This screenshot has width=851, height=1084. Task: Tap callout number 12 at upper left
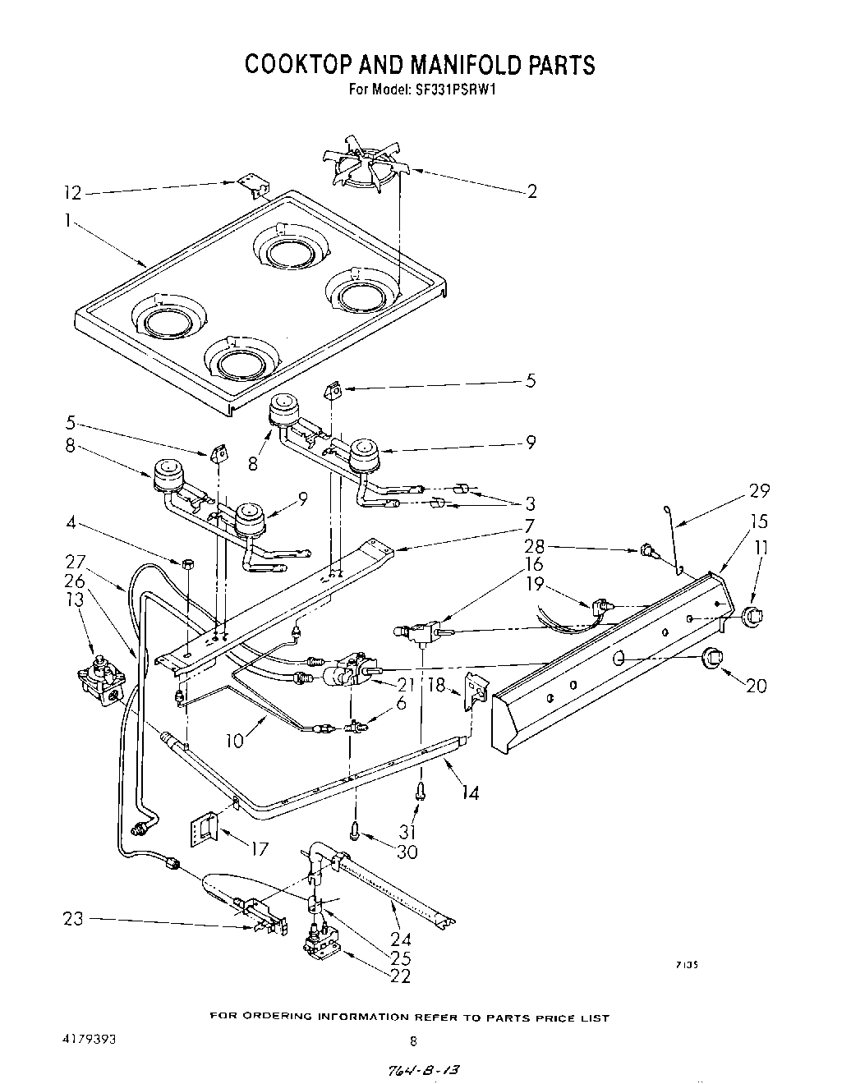click(x=74, y=193)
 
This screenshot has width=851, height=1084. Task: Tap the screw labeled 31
click(x=421, y=792)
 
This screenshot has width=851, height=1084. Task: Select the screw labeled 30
click(x=356, y=831)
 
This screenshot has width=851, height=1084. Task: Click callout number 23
click(x=74, y=919)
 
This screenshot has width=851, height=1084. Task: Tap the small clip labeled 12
click(x=254, y=188)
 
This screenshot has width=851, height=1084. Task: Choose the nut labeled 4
click(x=187, y=563)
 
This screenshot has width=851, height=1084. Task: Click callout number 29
click(x=759, y=491)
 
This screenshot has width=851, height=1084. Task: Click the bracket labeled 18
click(x=476, y=688)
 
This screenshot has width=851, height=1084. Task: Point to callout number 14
click(x=470, y=792)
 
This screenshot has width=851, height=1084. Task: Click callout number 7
click(x=531, y=525)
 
